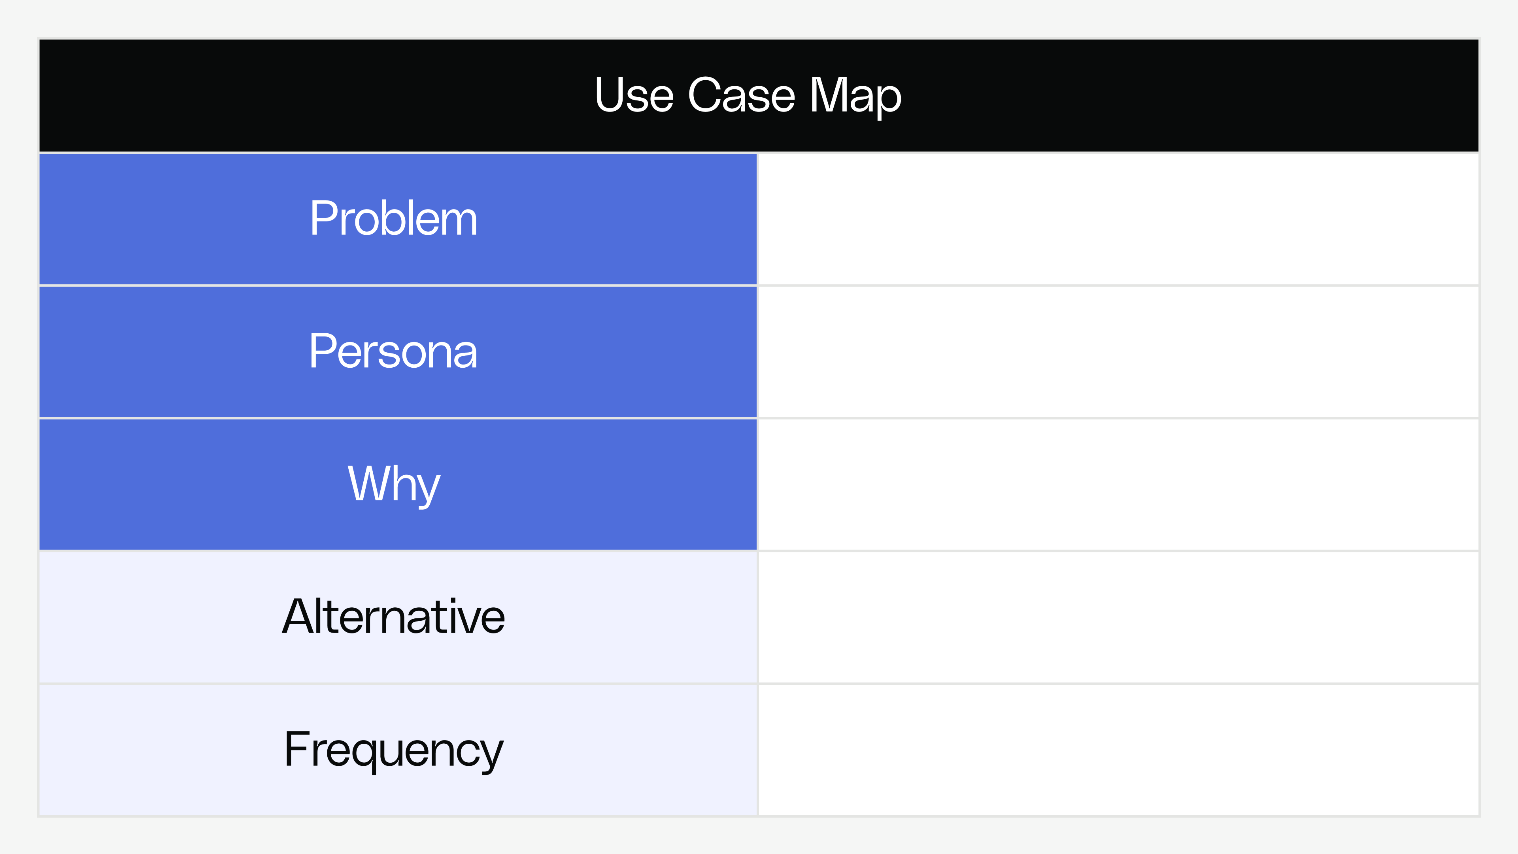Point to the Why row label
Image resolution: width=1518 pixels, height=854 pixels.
394,484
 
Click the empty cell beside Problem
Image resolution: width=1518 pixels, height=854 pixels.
1118,219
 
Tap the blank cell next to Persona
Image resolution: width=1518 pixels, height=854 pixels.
1118,352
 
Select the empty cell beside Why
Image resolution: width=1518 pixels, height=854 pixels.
1118,484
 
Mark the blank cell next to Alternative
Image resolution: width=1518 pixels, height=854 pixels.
1118,617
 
